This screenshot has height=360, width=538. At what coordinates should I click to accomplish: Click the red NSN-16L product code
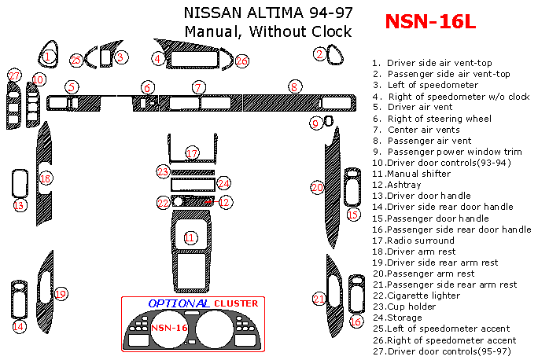[x=430, y=22]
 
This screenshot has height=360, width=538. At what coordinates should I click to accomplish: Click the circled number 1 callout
[x=48, y=57]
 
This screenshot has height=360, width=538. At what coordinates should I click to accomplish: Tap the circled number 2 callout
[x=319, y=53]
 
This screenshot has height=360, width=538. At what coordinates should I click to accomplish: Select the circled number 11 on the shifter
[x=190, y=237]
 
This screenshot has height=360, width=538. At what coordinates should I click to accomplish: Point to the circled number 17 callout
[x=193, y=152]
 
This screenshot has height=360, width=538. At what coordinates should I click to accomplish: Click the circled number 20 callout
[x=317, y=187]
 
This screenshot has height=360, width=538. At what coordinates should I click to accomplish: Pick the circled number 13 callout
[x=20, y=205]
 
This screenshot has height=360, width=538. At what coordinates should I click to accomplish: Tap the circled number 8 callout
[x=294, y=86]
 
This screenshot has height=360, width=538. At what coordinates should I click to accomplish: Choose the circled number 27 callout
[x=14, y=75]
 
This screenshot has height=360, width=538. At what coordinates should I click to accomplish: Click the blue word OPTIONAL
[x=179, y=303]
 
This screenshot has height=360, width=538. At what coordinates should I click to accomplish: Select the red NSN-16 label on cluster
[x=169, y=327]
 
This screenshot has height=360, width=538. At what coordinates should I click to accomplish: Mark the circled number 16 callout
[x=356, y=321]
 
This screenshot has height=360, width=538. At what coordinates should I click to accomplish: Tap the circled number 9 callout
[x=315, y=123]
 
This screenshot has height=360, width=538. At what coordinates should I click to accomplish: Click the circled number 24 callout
[x=223, y=183]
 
